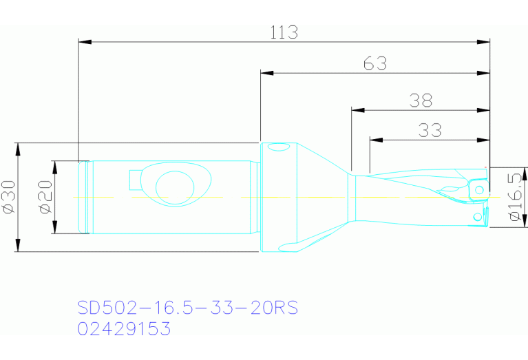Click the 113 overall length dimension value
[x=284, y=32]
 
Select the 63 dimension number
[x=375, y=63]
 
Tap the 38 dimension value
[x=421, y=100]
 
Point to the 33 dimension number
[x=430, y=130]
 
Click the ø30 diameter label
[x=8, y=198]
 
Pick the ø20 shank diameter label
[x=45, y=198]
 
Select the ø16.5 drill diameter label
[x=514, y=198]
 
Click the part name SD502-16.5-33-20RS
[x=187, y=308]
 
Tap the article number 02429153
[x=124, y=329]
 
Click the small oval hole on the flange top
[x=278, y=147]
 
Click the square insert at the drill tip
[x=477, y=189]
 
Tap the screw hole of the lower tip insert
[x=477, y=217]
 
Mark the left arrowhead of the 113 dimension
[x=84, y=42]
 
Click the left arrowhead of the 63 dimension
[x=266, y=72]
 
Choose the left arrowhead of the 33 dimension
[x=375, y=140]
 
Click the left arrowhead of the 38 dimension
[x=357, y=109]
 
